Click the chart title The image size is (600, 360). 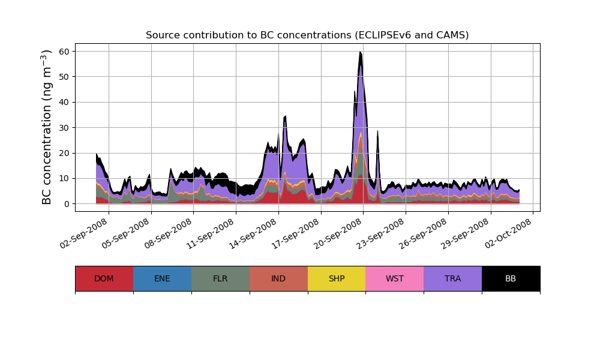coord(307,35)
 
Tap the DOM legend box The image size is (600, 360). coord(104,278)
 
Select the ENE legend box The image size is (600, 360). coord(162,278)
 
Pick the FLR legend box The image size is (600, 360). coord(220,278)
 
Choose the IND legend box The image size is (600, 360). coord(278,278)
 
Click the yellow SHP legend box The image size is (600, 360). coord(337,278)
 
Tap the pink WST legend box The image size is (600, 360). coord(395,278)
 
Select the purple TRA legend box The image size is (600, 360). coord(453,278)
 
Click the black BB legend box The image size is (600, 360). coord(511,278)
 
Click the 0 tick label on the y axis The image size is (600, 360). coord(67,204)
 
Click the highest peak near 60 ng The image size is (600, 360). coord(360,52)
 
